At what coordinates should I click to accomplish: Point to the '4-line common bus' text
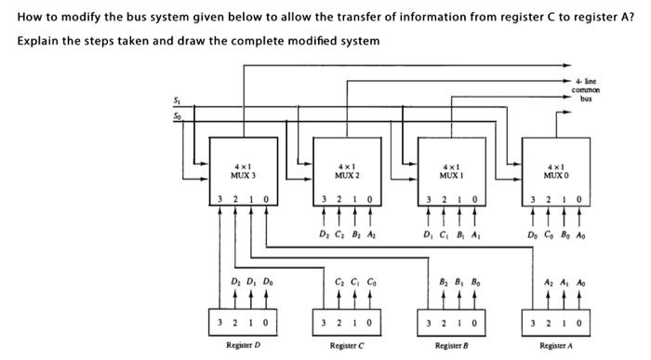pyautogui.click(x=586, y=90)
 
